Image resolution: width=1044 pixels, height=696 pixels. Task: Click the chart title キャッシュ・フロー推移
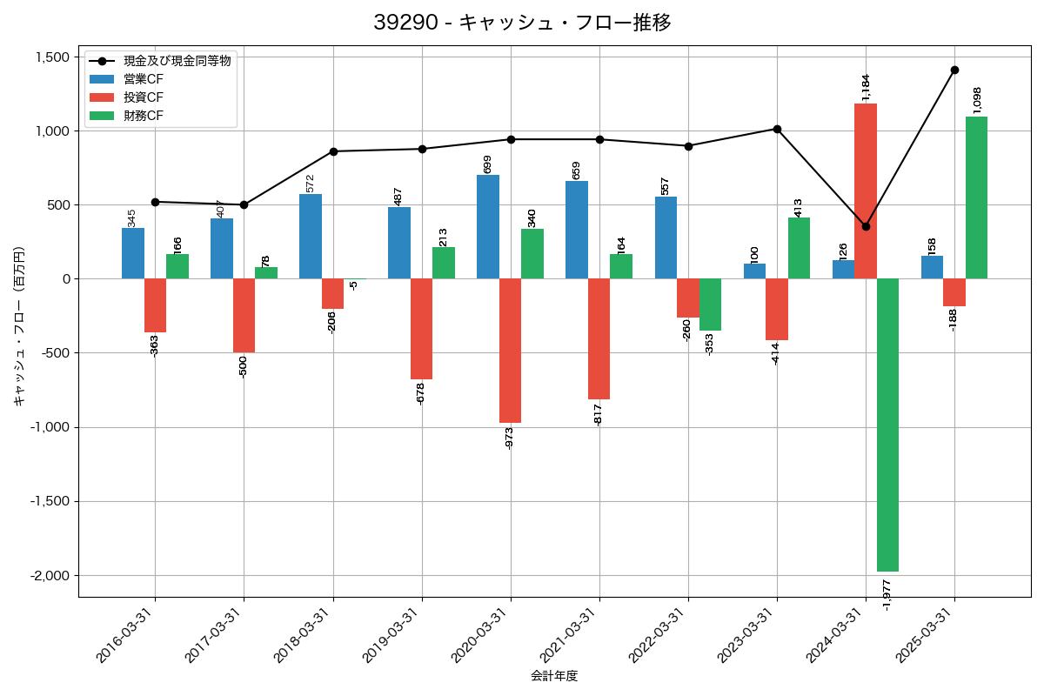(x=522, y=23)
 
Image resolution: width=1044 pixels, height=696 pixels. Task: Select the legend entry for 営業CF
(x=143, y=79)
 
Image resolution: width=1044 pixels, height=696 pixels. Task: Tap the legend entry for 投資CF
(x=143, y=97)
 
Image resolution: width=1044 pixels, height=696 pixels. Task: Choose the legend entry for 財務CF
(x=143, y=116)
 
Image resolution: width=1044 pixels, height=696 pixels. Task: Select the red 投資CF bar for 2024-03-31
(x=866, y=191)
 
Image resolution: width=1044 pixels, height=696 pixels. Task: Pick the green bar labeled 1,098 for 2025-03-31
(x=976, y=197)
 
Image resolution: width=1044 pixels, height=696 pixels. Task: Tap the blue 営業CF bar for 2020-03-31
(x=488, y=226)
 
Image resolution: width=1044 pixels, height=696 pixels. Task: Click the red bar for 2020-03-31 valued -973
(x=510, y=351)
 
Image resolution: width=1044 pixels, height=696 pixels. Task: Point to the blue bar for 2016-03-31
(x=133, y=253)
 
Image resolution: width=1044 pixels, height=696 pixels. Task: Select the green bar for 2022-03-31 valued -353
(x=710, y=304)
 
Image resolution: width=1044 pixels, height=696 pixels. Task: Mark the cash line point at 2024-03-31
(x=866, y=226)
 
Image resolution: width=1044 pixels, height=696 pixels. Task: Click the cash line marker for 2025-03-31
(x=954, y=70)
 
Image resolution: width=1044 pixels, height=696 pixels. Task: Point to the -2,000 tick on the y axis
(x=51, y=576)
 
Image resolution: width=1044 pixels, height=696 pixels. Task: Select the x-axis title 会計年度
(x=554, y=676)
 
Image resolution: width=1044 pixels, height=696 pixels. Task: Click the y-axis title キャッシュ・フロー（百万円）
(x=19, y=326)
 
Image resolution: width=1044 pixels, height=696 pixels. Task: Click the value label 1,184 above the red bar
(x=865, y=87)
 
